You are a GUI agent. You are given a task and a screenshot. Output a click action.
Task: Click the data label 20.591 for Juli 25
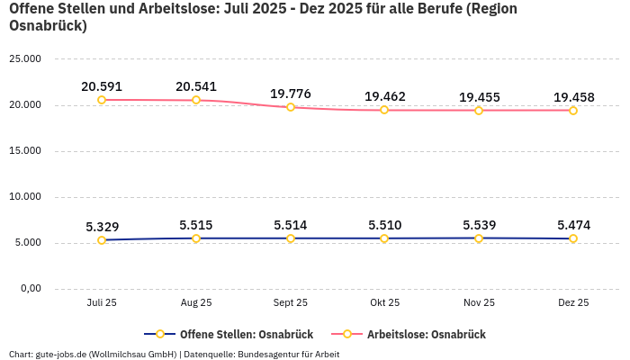(x=102, y=87)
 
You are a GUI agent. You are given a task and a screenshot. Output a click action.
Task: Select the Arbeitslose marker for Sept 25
(x=291, y=107)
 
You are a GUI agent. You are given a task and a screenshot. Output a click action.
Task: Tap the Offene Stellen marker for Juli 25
(x=102, y=240)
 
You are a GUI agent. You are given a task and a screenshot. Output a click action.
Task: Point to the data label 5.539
(x=479, y=226)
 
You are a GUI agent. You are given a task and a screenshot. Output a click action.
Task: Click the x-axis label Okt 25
(x=384, y=303)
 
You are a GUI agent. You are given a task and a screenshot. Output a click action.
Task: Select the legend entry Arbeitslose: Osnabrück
(x=425, y=335)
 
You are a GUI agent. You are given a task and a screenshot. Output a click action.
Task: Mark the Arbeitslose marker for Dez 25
(x=573, y=111)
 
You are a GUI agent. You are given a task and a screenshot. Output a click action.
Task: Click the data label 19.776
(x=291, y=94)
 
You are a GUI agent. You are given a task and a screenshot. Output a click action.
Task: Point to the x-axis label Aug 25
(x=196, y=303)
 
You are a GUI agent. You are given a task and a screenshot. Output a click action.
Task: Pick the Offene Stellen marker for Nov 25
(x=479, y=238)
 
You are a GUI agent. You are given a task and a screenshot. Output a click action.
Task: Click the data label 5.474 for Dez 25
(x=573, y=226)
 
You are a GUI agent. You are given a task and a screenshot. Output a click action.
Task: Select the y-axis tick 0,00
(x=30, y=289)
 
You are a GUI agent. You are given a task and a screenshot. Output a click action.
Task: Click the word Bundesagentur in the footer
(x=267, y=355)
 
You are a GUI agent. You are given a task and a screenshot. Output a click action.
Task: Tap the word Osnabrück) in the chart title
(x=48, y=26)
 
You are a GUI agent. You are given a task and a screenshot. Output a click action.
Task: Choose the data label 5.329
(x=102, y=227)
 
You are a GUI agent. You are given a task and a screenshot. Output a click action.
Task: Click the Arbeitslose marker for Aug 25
(x=196, y=100)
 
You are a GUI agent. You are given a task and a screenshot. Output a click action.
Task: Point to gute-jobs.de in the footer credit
(x=59, y=355)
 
